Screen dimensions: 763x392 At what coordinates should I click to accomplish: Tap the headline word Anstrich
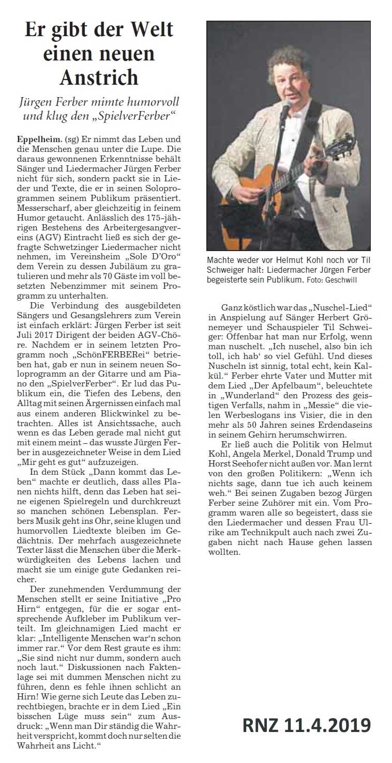[x=99, y=77]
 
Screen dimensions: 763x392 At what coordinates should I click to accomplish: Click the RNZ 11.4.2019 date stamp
[x=307, y=726]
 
